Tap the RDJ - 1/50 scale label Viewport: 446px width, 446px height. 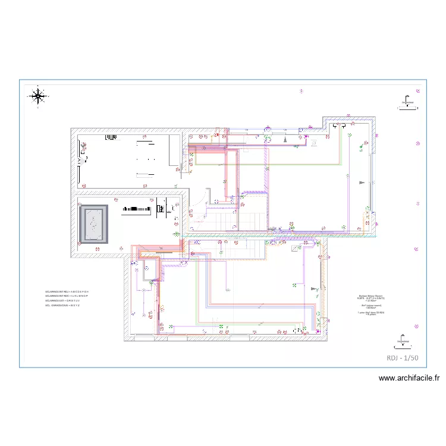pyautogui.click(x=403, y=357)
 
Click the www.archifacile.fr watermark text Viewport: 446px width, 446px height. pyautogui.click(x=409, y=378)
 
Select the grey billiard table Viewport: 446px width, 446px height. pyautogui.click(x=93, y=224)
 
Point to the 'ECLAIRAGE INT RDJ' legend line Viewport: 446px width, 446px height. pyautogui.click(x=67, y=292)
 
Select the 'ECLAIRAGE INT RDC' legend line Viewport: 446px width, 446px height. pyautogui.click(x=67, y=296)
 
